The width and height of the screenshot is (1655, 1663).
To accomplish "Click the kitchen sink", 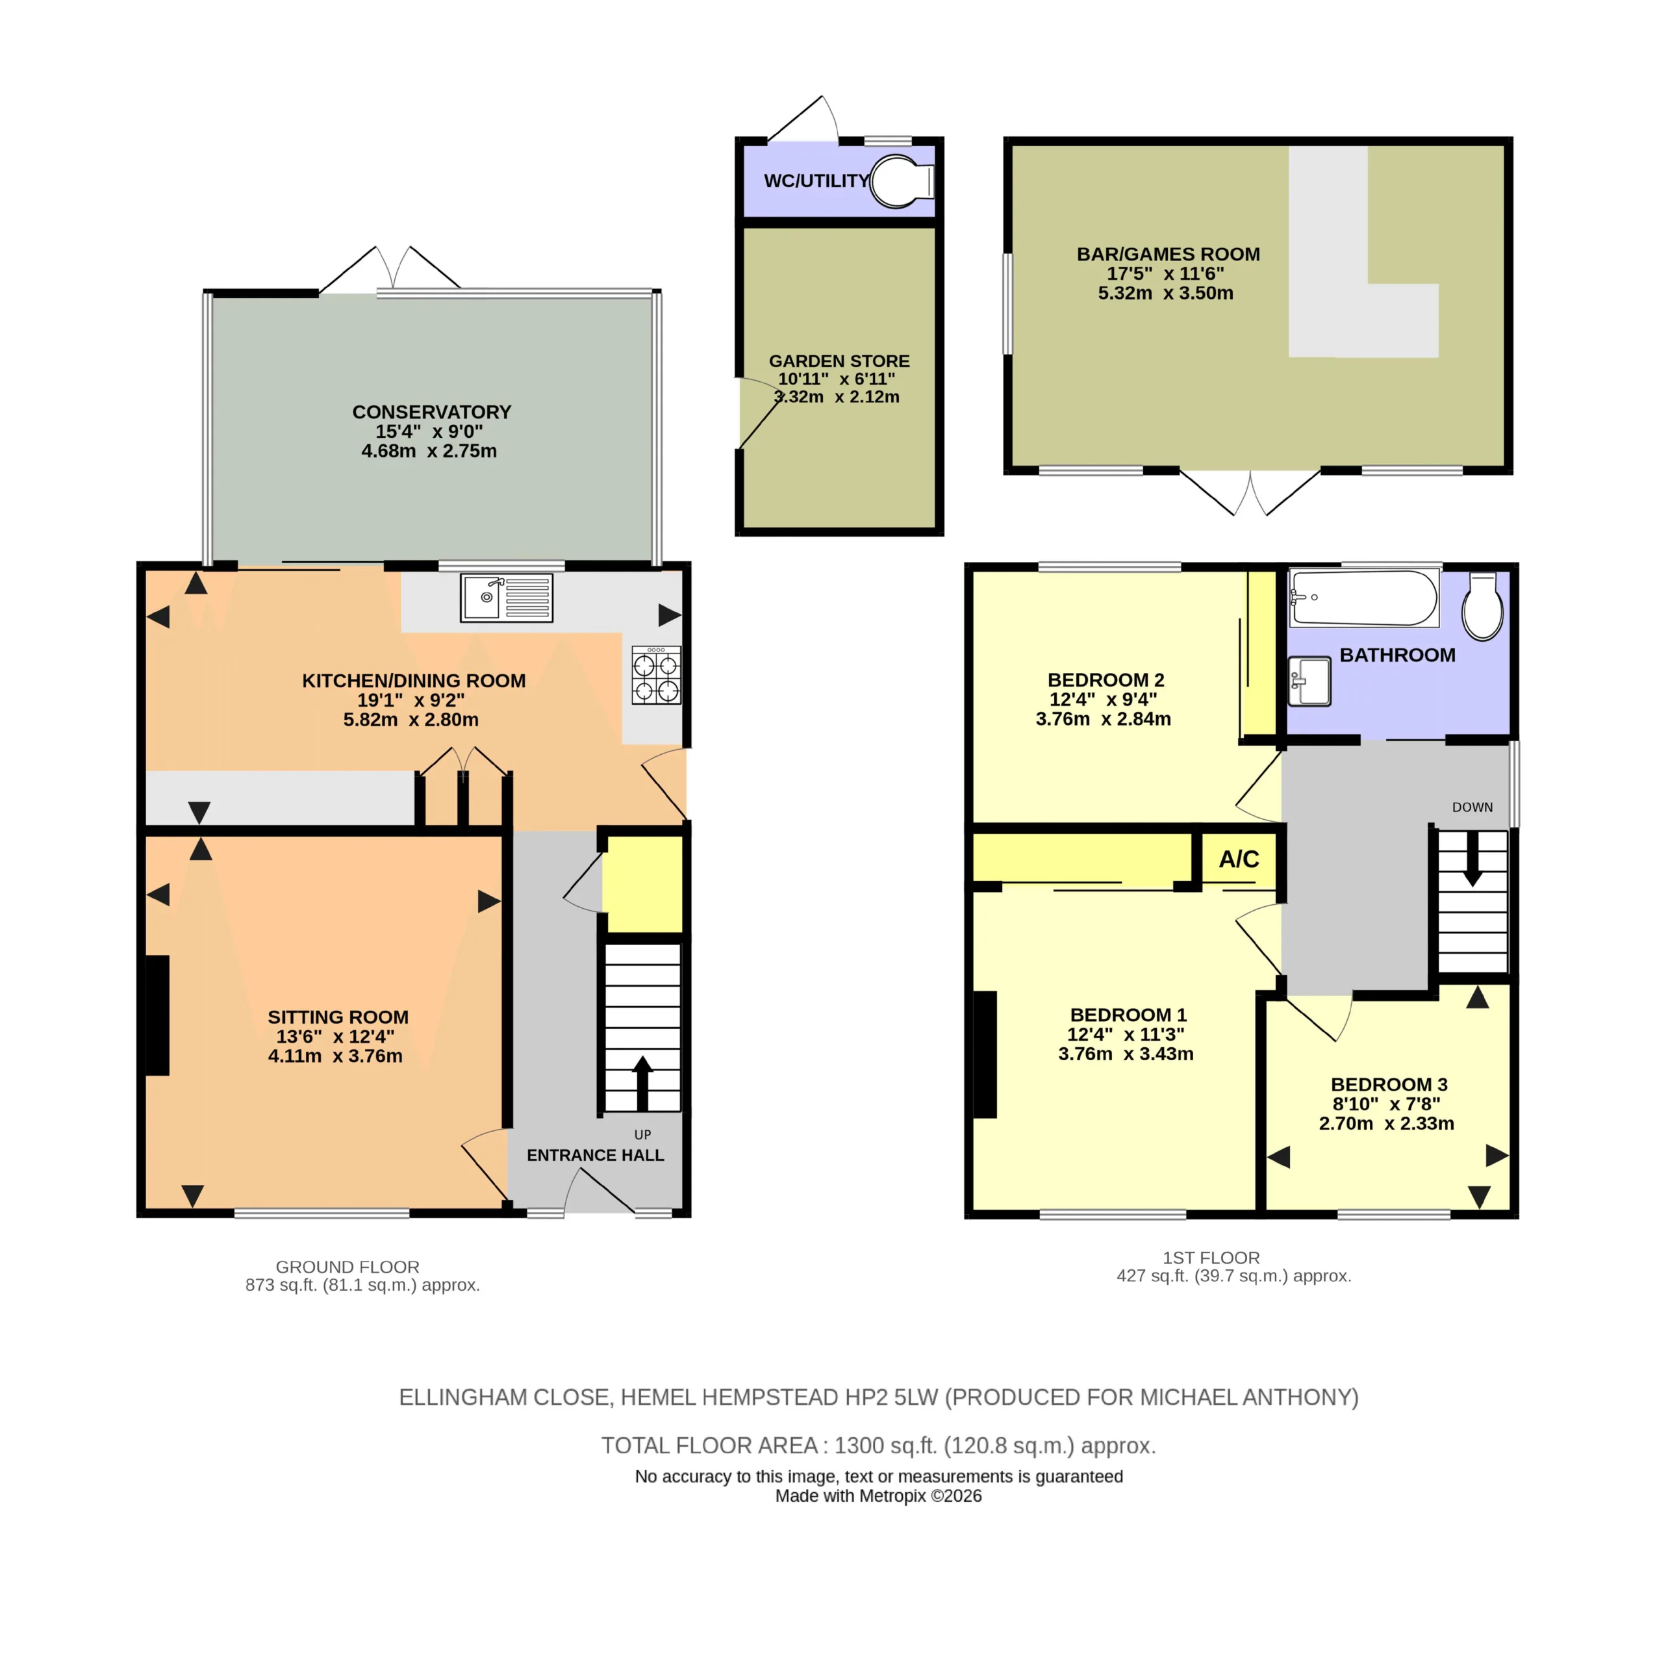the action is (506, 598).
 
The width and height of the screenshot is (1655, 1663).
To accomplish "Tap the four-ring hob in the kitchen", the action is (657, 676).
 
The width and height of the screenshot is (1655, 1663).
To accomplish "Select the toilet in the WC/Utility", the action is (902, 182).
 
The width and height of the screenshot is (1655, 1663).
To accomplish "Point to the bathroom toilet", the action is (1483, 606).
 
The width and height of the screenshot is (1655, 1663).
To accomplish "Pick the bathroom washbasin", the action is (1309, 681).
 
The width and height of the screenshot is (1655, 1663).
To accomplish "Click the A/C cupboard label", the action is (1239, 859).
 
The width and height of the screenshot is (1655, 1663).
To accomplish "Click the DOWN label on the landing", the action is (1472, 807).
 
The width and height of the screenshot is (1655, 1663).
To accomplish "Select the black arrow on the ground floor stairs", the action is (642, 1083).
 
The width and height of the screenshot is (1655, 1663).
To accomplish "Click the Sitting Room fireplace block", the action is (157, 1016).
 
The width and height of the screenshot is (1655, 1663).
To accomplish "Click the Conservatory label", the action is (431, 413).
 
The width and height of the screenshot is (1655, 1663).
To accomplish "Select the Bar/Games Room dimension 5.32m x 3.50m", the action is (1165, 293).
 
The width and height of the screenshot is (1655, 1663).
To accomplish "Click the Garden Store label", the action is (839, 362).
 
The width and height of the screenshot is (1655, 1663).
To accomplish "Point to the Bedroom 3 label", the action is (1389, 1085).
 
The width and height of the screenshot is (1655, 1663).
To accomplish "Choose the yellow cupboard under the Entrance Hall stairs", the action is (642, 884).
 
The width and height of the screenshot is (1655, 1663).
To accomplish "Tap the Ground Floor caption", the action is (347, 1267).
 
